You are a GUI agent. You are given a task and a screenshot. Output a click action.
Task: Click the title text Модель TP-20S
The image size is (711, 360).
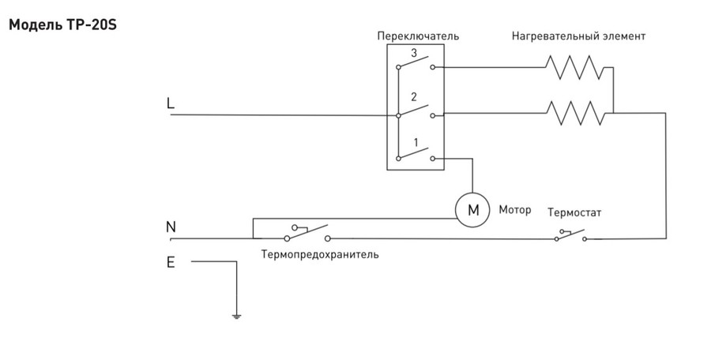63,24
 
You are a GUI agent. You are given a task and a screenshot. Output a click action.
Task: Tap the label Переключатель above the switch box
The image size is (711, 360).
418,36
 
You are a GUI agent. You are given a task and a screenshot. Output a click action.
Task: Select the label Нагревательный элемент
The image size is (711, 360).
578,36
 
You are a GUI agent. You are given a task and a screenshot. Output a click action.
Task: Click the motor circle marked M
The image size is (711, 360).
473,210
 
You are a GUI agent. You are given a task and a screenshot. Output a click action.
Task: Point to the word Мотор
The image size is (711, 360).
515,211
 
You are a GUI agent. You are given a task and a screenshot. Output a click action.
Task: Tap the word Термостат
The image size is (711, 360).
575,213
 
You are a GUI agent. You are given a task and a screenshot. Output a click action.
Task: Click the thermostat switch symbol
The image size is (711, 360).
570,234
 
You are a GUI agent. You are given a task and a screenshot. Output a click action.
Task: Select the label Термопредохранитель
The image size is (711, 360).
319,255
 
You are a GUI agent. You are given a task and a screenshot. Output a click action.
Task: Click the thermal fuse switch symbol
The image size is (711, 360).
307,233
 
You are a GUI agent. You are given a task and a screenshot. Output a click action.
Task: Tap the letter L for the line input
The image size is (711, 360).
171,103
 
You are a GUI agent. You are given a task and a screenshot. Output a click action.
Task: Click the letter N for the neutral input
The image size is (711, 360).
171,227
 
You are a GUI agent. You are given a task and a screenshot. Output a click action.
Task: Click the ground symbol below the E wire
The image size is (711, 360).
236,317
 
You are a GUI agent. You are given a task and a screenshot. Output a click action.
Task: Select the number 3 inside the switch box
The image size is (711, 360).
412,52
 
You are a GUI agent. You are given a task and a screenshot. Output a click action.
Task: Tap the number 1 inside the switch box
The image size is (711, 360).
412,143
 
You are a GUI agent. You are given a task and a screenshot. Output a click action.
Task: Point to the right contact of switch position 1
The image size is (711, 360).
433,159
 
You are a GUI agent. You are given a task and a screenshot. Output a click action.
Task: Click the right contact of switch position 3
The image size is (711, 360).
433,68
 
